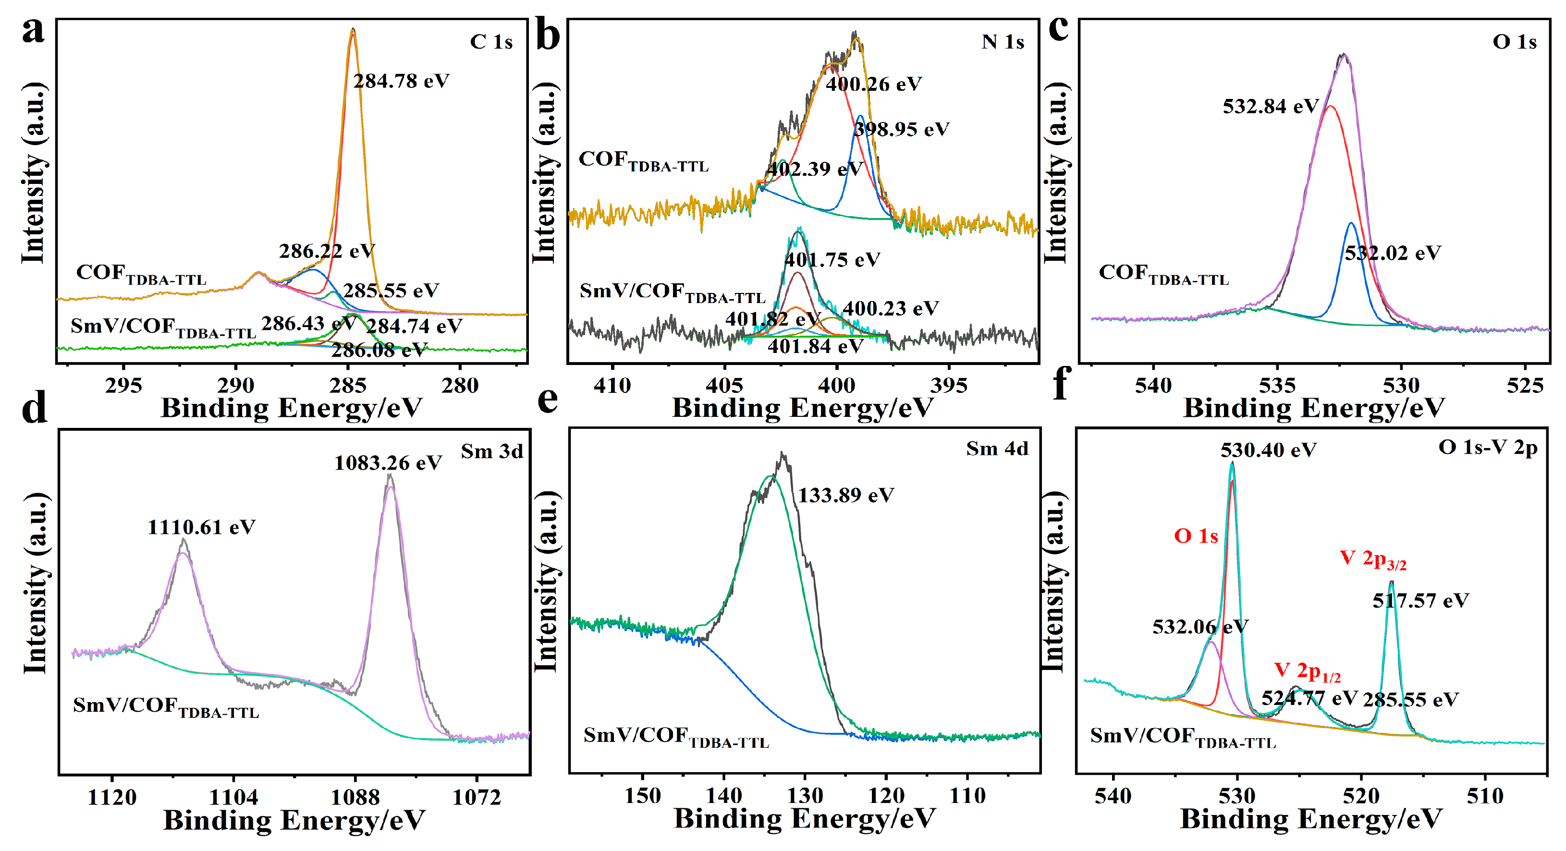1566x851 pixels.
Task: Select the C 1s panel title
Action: pos(491,42)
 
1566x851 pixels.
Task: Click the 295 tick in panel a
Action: pos(123,385)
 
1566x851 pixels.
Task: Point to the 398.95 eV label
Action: pos(902,130)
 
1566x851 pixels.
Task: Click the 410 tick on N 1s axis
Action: pos(613,385)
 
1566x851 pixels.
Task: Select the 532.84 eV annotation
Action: pos(1271,107)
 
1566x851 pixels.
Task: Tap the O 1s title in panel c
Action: pos(1514,42)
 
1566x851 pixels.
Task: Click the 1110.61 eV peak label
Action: pos(201,527)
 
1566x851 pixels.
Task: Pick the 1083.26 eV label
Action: pos(388,463)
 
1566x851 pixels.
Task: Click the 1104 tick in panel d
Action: pos(233,797)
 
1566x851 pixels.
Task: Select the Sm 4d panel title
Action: pos(997,449)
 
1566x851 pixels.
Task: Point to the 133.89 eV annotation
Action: pos(845,496)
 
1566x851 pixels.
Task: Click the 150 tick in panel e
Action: pos(643,796)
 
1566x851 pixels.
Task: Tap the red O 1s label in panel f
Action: pos(1196,536)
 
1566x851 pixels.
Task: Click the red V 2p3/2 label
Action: pos(1373,559)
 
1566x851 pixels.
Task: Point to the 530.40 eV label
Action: pos(1268,450)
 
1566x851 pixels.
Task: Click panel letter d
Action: pos(34,407)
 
